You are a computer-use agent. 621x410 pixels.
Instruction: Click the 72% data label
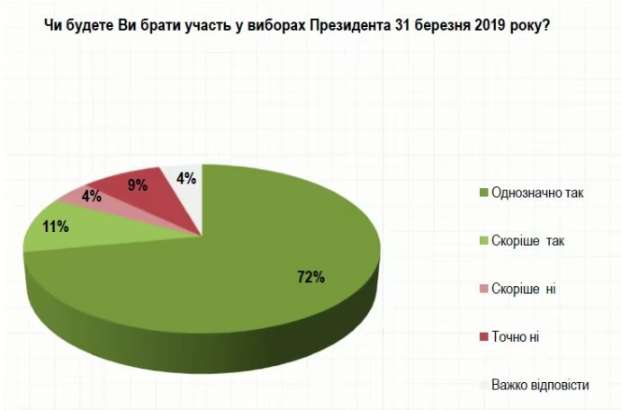[310, 277]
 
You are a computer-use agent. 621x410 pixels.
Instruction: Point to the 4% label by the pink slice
[91, 194]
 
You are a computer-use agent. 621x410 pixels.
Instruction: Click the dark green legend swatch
[484, 192]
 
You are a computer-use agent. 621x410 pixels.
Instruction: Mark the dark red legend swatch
[484, 336]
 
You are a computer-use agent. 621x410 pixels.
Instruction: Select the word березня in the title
[435, 26]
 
